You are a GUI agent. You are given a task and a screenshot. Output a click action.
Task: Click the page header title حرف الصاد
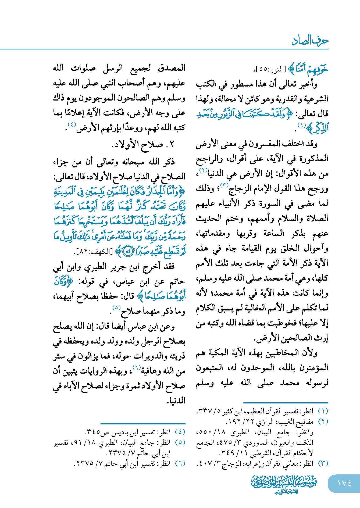pos(310,41)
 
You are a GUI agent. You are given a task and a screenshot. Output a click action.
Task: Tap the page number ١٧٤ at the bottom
pos(344,483)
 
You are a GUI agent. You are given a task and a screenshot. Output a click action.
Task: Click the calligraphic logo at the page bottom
pos(284,484)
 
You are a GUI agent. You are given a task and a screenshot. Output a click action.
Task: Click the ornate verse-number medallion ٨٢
pos(128,252)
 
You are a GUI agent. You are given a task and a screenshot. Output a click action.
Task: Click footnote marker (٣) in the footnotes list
pos(323,463)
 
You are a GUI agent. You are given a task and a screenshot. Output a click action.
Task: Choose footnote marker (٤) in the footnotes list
pos(180,432)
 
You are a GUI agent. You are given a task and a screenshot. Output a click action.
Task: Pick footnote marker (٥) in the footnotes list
pos(180,442)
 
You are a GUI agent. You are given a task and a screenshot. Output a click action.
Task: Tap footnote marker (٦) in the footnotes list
pos(180,463)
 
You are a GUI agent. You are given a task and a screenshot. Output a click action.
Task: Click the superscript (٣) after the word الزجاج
pos(224,185)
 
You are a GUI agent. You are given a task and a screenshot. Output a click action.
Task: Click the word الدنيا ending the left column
pos(176,400)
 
